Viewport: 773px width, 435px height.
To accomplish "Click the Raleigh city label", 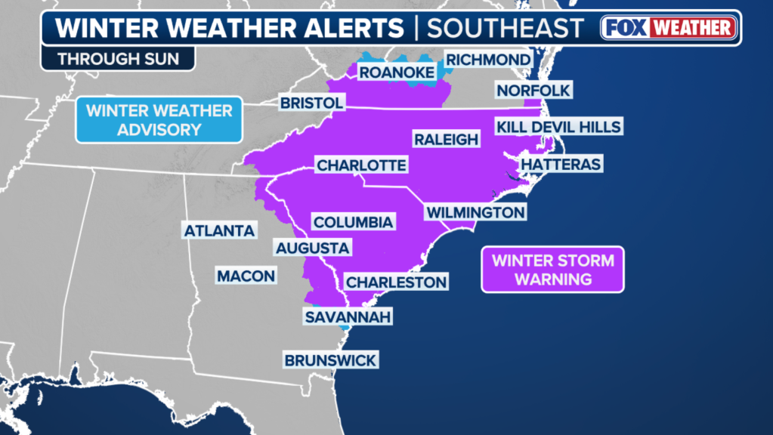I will [x=446, y=139].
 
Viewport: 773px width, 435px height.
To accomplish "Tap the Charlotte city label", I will [x=361, y=165].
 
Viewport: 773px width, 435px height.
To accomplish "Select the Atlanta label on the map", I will [x=220, y=230].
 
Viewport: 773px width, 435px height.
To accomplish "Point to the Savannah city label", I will [x=348, y=316].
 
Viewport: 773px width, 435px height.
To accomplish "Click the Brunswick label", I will [x=330, y=360].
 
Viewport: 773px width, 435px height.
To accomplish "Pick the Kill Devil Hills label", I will [x=558, y=126].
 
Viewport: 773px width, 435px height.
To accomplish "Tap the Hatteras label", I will [x=561, y=164].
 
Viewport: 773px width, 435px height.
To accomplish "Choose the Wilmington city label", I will [x=475, y=212].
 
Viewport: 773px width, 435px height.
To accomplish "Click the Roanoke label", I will [x=396, y=72].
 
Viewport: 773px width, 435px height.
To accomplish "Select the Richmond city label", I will [x=487, y=59].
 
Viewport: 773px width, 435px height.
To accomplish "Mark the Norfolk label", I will [x=533, y=91].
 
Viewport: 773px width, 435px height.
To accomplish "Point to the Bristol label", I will [x=312, y=102].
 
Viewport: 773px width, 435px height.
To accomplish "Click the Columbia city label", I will [x=353, y=222].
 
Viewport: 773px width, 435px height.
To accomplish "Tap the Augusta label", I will [x=312, y=248].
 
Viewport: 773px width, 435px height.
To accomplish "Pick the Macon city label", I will [x=246, y=276].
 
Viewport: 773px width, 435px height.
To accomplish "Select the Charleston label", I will [x=396, y=282].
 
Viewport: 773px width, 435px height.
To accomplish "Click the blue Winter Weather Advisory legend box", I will [x=159, y=119].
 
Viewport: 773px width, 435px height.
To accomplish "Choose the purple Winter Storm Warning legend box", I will [x=553, y=270].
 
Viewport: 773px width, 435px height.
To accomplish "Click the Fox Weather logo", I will [x=668, y=28].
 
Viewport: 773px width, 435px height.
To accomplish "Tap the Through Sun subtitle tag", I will [x=117, y=58].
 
